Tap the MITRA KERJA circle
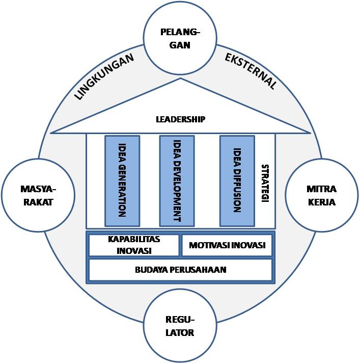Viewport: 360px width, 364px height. [x=321, y=196]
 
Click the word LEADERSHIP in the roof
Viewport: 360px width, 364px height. [x=180, y=119]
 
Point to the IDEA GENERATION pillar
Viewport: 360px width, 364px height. [x=122, y=180]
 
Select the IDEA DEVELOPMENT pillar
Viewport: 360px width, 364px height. [x=177, y=180]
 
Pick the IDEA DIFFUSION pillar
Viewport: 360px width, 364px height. [x=237, y=180]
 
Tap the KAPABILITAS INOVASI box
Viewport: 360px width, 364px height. [x=134, y=245]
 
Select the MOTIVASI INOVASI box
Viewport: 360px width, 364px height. [x=227, y=245]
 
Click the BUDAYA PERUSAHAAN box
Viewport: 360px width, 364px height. [x=180, y=270]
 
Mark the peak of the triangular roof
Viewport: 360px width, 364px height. [x=181, y=79]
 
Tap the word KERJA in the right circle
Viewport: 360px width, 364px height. [x=321, y=202]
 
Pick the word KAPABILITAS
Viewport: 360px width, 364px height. [x=134, y=239]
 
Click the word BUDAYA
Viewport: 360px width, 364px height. [x=152, y=270]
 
